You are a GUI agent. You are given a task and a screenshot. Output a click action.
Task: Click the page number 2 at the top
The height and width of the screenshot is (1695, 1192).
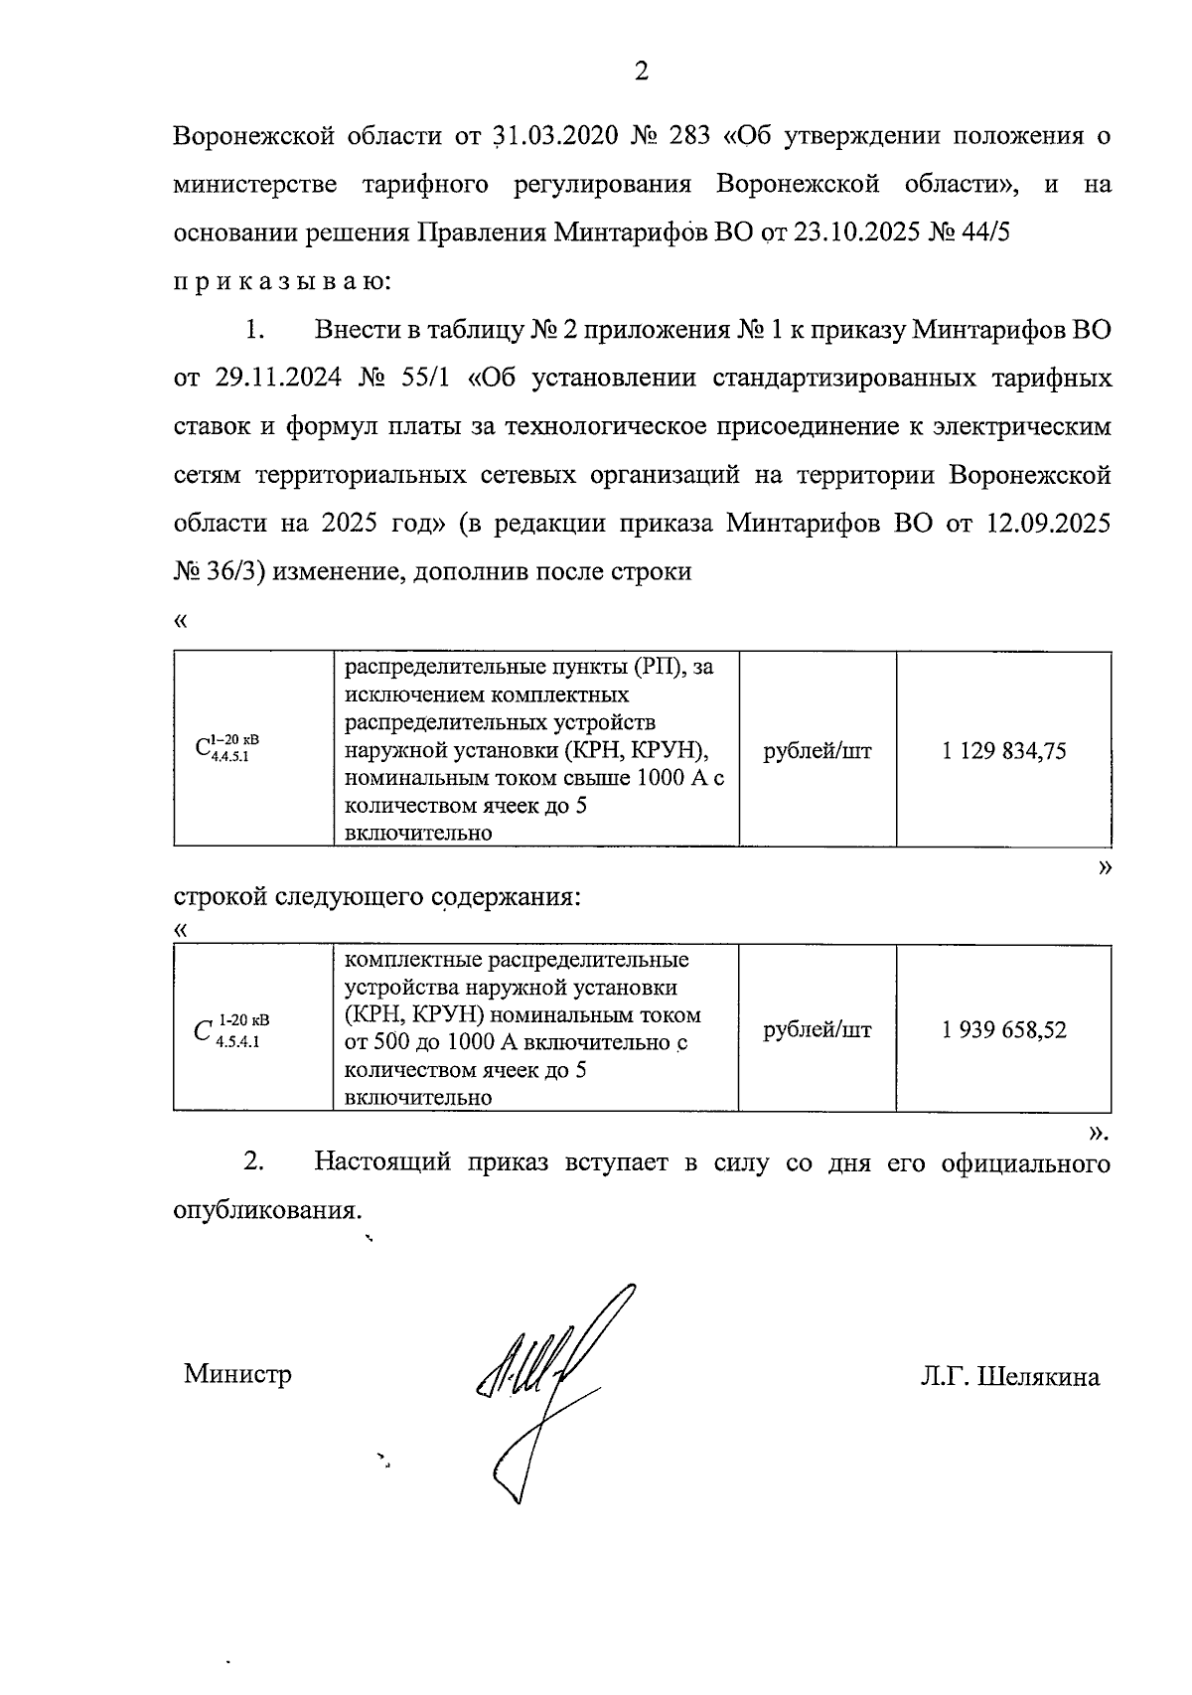tap(640, 72)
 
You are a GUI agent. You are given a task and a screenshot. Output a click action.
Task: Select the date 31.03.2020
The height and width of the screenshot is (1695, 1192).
tap(551, 136)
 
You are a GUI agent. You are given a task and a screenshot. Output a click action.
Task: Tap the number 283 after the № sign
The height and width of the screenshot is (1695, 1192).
tap(690, 136)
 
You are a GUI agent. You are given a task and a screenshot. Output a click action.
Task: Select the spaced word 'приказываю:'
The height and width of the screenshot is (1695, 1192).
tap(284, 281)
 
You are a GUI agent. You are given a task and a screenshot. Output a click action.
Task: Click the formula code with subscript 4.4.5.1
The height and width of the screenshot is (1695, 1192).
tap(228, 750)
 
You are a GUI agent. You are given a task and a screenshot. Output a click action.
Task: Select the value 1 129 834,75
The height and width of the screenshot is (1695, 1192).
tap(1003, 751)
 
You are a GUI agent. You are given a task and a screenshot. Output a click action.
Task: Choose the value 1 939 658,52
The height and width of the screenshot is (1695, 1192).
tap(1003, 1030)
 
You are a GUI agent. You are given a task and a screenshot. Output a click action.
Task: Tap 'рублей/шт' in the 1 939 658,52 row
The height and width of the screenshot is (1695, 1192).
tap(817, 1030)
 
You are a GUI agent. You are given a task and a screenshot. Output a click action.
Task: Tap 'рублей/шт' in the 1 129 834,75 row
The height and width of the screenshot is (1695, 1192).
tap(817, 751)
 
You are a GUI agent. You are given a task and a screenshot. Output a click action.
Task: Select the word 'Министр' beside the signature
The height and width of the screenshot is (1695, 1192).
tap(237, 1374)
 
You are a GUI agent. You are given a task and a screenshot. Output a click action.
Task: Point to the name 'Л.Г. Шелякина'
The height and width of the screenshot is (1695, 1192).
tap(1009, 1377)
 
